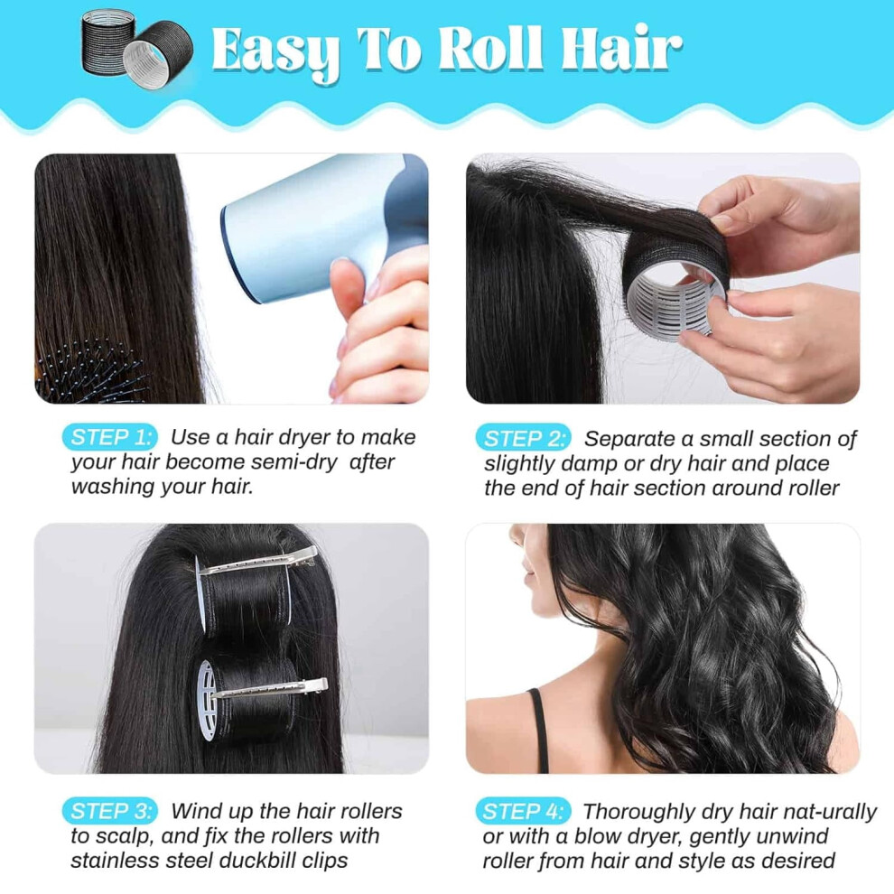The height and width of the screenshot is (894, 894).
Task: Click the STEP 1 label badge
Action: pos(109,437)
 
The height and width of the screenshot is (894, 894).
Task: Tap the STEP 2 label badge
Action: pos(523,438)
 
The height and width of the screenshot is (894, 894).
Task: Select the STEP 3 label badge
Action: pos(109,810)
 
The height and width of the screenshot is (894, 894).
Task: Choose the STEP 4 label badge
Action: pos(523,811)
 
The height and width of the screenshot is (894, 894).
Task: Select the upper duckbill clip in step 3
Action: pos(257,563)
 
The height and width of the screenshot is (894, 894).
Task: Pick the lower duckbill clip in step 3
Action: pos(268,689)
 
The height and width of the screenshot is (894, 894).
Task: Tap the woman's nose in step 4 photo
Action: pos(515,535)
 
